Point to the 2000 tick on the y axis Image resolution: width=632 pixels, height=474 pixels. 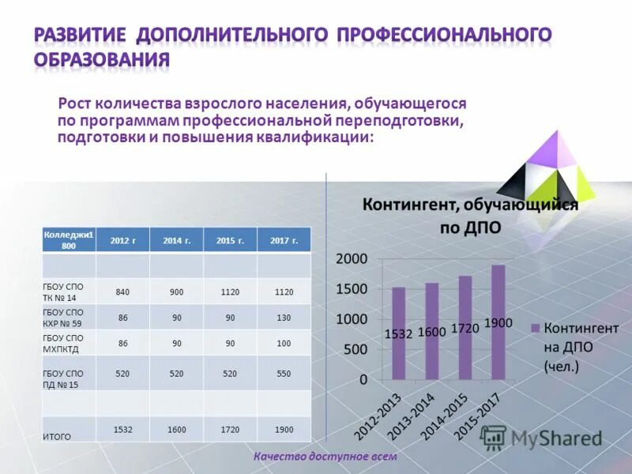tap(352, 259)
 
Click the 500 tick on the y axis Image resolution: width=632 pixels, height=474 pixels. tap(355, 349)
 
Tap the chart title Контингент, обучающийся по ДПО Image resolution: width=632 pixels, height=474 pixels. tap(470, 216)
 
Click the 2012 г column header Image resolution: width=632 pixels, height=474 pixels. tap(122, 240)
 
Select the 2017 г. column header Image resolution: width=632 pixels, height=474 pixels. tap(284, 240)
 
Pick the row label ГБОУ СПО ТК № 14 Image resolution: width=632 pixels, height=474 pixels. tap(63, 292)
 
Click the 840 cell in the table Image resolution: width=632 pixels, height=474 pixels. tap(122, 292)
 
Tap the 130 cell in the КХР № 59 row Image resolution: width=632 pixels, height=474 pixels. tap(284, 318)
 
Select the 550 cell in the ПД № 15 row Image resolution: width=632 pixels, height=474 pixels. tap(284, 374)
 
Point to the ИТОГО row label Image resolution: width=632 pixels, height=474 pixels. tap(57, 435)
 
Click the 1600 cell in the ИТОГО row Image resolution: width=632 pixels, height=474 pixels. tap(176, 429)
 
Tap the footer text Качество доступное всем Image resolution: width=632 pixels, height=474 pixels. tap(325, 457)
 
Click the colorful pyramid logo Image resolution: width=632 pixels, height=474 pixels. tap(547, 170)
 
